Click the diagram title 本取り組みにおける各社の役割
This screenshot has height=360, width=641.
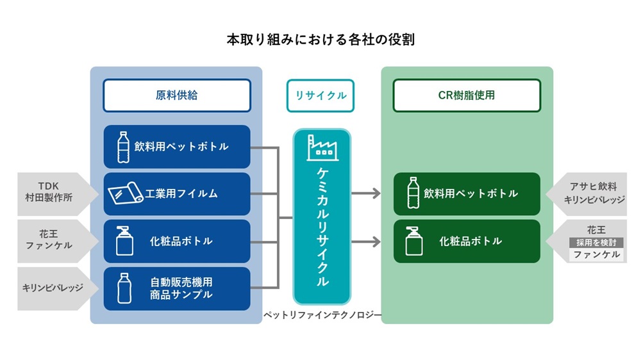[x=320, y=40]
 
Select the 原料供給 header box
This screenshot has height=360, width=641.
[x=176, y=95]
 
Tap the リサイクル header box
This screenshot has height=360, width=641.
[x=320, y=95]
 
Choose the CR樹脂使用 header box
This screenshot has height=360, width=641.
[x=466, y=95]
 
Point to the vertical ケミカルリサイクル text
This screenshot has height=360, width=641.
[x=322, y=227]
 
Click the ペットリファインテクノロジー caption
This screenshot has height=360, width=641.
[x=322, y=315]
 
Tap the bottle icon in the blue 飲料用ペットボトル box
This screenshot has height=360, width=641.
[x=123, y=147]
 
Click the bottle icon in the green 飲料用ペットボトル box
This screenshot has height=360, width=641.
[x=413, y=193]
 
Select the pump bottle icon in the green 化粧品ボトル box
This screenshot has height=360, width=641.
[x=413, y=241]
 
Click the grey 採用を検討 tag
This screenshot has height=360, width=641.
[x=596, y=242]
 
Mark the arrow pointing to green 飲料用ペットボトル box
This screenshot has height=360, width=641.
[x=368, y=193]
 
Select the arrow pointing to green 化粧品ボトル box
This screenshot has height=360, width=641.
[x=368, y=241]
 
